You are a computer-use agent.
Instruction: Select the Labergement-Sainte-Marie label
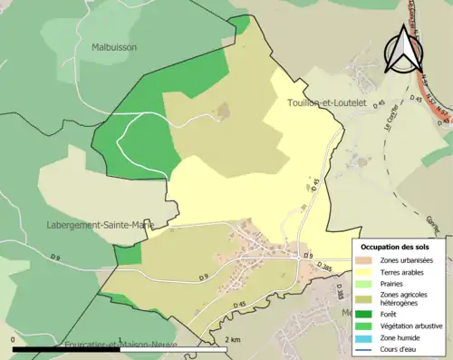(99, 224)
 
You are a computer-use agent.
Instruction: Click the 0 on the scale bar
(14, 339)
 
